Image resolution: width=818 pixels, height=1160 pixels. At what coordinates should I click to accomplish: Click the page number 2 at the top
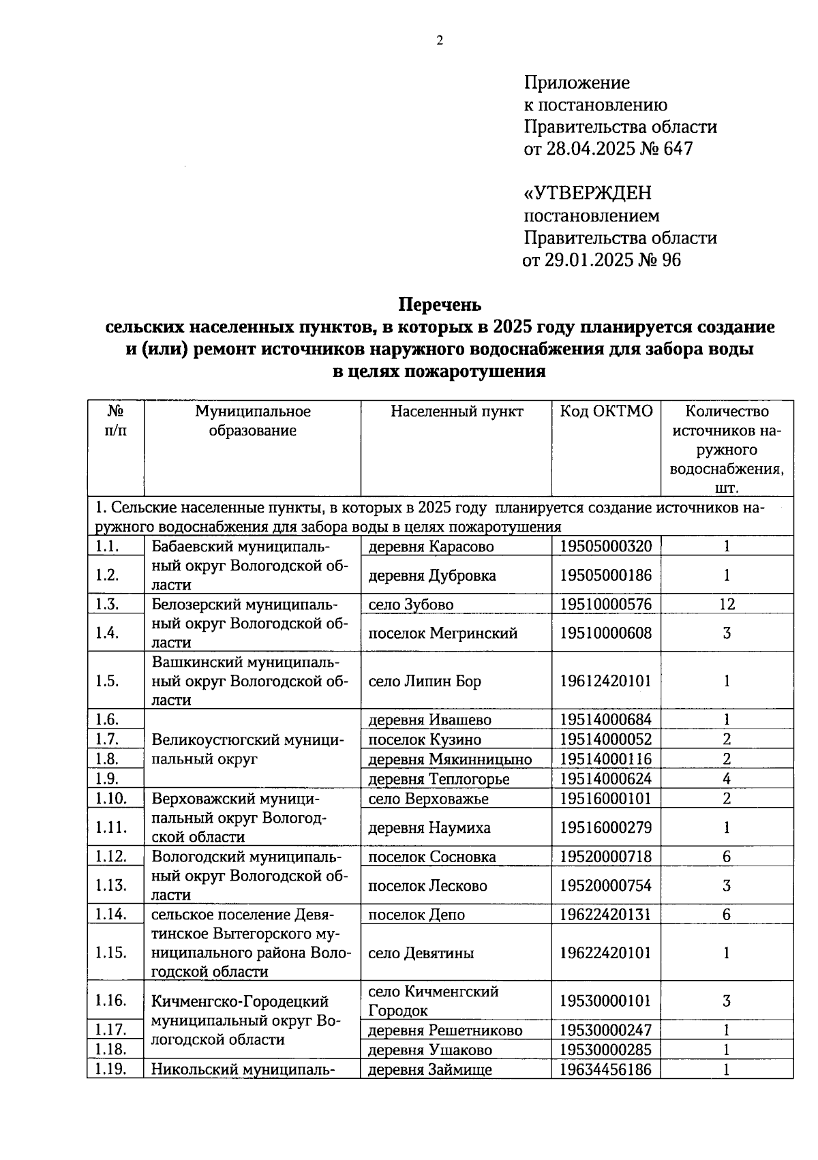[x=439, y=42]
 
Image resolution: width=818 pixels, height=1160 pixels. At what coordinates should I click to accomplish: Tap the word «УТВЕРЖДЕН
[x=588, y=194]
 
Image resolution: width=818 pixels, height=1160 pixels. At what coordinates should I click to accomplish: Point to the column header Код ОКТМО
[x=606, y=411]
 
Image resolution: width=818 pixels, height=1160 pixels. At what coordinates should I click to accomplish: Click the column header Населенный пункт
[x=457, y=411]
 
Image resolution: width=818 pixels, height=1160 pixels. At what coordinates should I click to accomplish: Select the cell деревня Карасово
[x=431, y=547]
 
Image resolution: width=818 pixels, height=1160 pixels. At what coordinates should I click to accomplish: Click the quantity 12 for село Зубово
[x=727, y=605]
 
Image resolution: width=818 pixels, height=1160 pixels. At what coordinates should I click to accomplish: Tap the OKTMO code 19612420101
[x=605, y=681]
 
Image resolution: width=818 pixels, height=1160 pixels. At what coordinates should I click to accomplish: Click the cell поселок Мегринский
[x=442, y=633]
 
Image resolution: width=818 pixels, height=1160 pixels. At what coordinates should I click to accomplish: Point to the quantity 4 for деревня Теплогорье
[x=727, y=778]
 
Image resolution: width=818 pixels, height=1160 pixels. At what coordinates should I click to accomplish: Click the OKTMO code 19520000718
[x=605, y=857]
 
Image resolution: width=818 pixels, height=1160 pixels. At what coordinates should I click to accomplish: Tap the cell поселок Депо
[x=416, y=915]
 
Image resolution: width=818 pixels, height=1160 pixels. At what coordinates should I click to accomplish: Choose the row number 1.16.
[x=111, y=1001]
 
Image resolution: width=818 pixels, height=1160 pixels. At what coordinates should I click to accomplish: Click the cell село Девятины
[x=421, y=953]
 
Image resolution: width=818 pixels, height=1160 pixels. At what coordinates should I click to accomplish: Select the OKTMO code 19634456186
[x=605, y=1070]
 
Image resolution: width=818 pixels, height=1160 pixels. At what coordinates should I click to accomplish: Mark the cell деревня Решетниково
[x=445, y=1030]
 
